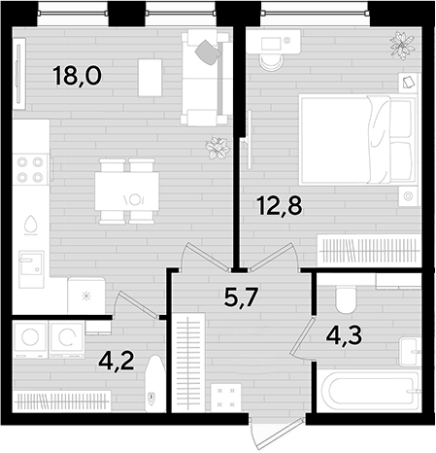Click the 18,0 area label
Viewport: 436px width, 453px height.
click(77, 76)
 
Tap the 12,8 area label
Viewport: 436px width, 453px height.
click(280, 205)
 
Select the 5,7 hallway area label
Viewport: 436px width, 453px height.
click(241, 297)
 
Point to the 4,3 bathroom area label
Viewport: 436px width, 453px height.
click(344, 336)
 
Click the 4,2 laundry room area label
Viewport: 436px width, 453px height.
click(117, 361)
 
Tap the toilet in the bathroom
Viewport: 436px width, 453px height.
click(346, 299)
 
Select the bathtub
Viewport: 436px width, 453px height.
click(369, 392)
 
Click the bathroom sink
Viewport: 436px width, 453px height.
click(410, 352)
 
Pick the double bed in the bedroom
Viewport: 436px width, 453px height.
click(358, 140)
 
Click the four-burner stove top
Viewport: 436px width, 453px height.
click(31, 169)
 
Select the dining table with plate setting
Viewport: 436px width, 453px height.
click(127, 192)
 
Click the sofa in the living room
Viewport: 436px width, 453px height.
click(206, 78)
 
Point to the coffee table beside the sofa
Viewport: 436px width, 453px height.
click(150, 78)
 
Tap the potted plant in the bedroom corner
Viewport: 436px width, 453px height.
click(402, 46)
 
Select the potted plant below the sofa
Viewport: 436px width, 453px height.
click(218, 148)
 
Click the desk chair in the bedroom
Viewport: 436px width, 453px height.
click(272, 62)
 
